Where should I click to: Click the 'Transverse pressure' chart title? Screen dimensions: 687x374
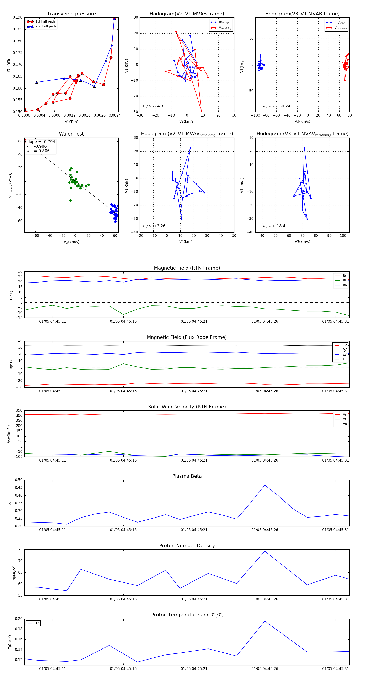point(71,14)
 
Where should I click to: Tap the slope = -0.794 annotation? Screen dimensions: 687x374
point(41,142)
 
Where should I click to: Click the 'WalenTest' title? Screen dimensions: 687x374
point(71,134)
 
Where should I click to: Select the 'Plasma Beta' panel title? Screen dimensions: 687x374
point(187,476)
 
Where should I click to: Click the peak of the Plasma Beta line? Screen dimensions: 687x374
point(265,485)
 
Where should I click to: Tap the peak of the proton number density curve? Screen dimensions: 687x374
point(265,551)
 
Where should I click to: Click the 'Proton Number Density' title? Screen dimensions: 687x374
point(187,546)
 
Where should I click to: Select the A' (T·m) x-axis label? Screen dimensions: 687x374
point(71,122)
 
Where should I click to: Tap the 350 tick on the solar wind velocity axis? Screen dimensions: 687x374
point(19,411)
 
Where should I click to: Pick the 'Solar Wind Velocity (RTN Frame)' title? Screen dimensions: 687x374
point(187,407)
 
